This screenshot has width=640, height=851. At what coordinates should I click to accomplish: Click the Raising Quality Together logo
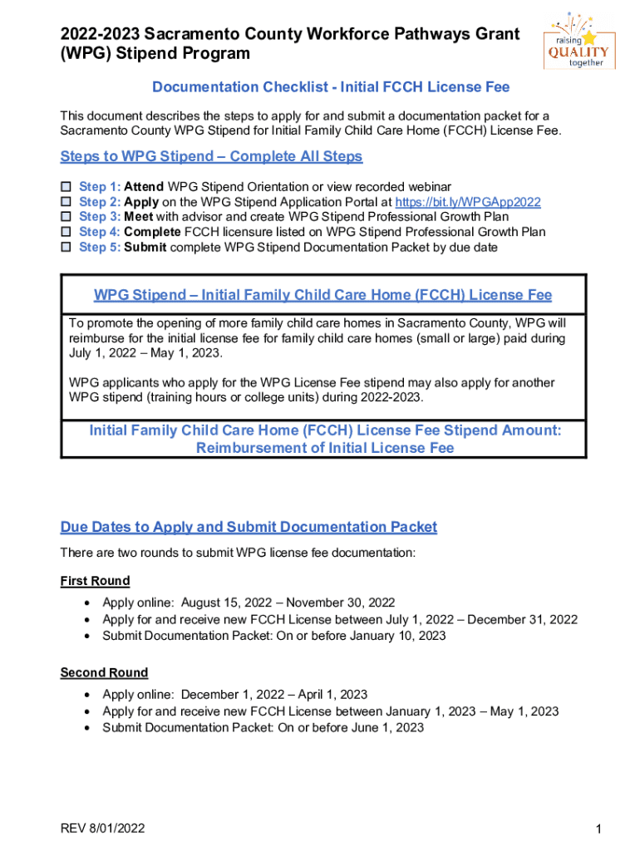(580, 41)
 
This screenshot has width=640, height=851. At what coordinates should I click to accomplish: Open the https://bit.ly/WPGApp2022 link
(468, 202)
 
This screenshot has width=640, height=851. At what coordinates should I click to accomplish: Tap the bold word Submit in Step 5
(145, 248)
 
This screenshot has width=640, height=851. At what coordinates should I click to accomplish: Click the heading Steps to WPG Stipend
(211, 156)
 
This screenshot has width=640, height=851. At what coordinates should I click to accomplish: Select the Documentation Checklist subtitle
(330, 87)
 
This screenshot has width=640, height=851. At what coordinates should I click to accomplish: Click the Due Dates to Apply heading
(249, 527)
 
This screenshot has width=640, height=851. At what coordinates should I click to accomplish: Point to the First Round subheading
(95, 581)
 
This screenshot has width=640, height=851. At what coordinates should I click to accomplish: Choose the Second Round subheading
(104, 672)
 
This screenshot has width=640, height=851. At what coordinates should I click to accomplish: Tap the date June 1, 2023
(383, 727)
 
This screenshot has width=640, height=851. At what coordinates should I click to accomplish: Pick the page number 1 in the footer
(598, 829)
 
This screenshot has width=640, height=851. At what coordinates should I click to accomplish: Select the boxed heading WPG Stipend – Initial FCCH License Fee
(322, 295)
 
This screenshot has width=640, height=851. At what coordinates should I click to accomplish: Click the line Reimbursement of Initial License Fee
(325, 448)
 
